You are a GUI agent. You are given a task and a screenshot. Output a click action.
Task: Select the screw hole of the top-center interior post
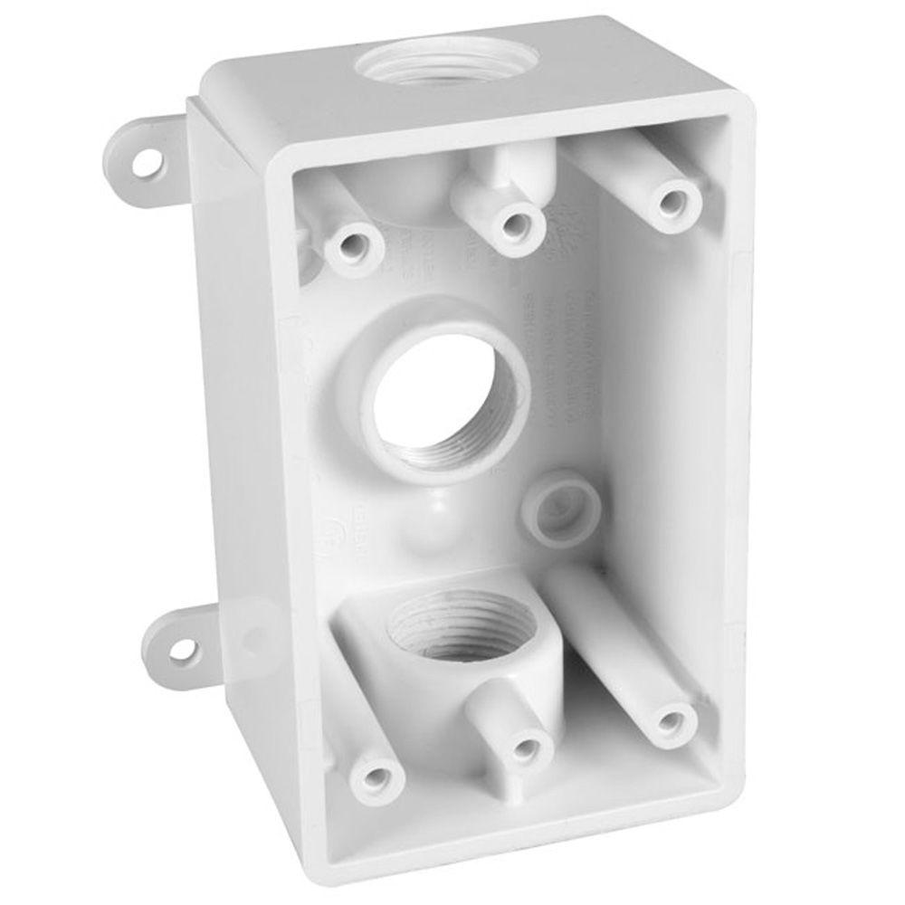point(517,221)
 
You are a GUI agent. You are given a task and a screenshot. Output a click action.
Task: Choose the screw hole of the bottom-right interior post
point(671,721)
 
